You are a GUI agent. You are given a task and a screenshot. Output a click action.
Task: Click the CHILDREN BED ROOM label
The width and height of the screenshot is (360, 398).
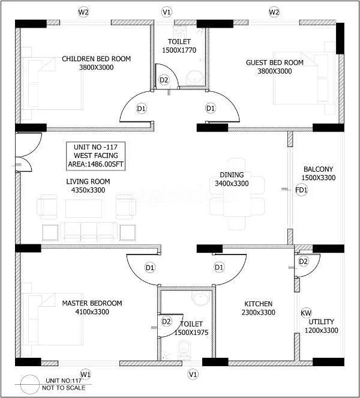tap(96, 59)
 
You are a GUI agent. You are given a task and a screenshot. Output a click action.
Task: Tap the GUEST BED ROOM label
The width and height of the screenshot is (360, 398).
tap(275, 62)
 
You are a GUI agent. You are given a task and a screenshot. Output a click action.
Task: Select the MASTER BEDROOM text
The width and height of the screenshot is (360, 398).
tap(92, 303)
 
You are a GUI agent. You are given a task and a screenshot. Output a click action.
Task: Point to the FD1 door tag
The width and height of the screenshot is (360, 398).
tap(301, 190)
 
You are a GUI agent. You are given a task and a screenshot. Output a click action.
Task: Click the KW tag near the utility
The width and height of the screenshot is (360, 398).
tap(306, 313)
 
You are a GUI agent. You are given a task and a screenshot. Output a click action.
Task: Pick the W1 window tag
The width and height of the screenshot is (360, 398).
tap(85, 374)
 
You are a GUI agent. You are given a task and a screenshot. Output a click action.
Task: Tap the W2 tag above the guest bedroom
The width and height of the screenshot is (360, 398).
tap(274, 12)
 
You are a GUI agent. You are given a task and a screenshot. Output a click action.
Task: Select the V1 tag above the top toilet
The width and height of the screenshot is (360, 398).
tap(167, 12)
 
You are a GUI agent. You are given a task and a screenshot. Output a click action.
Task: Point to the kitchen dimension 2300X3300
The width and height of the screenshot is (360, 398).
tap(258, 313)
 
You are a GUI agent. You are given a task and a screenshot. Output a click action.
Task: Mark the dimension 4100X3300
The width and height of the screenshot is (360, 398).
tap(92, 312)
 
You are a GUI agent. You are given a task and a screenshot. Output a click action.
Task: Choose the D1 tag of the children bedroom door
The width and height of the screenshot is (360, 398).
tap(142, 108)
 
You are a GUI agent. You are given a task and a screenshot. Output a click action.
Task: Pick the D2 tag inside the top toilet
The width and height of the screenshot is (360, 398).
tap(164, 80)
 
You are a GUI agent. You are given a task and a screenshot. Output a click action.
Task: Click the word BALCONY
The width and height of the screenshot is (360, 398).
tap(318, 169)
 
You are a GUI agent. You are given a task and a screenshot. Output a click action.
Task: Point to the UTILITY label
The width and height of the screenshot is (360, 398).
tap(321, 322)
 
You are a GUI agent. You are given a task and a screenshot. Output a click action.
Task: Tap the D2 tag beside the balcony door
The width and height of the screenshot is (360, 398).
tap(304, 261)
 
